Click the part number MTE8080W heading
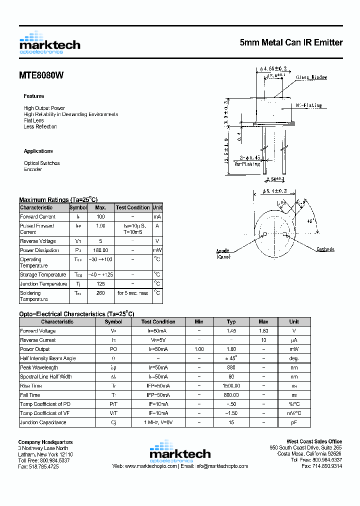click(41, 75)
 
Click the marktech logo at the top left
click(49, 43)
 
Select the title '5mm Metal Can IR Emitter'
click(291, 43)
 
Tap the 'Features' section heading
click(33, 96)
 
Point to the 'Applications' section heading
click(38, 151)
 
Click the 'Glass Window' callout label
click(311, 77)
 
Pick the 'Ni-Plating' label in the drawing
click(308, 105)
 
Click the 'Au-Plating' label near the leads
click(248, 163)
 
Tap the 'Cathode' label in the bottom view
click(325, 249)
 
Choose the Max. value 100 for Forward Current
click(100, 216)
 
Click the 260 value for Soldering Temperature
click(100, 293)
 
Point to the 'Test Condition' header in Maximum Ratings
click(132, 207)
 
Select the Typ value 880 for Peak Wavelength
click(231, 367)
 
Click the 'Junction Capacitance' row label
click(43, 422)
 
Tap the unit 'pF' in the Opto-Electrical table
click(294, 422)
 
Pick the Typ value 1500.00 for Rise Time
click(231, 386)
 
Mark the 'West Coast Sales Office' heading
click(314, 441)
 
